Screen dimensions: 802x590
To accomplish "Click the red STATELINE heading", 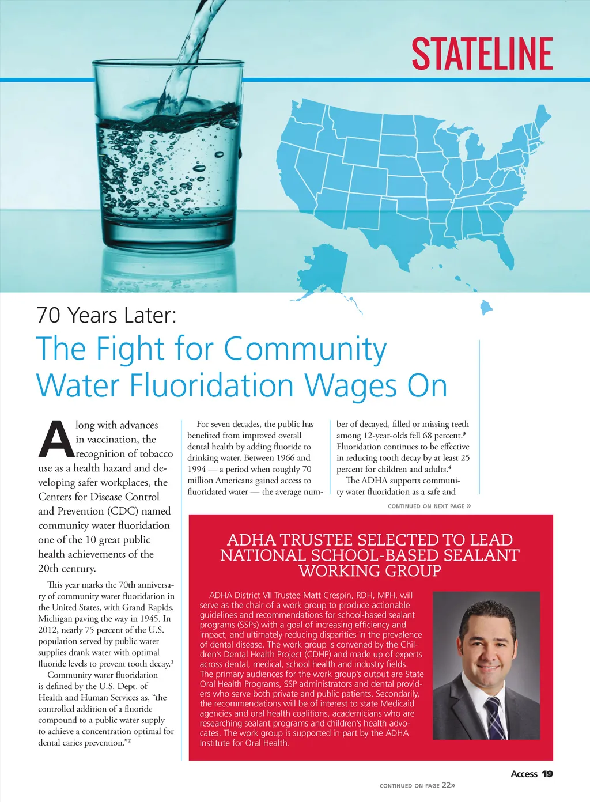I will pyautogui.click(x=482, y=54).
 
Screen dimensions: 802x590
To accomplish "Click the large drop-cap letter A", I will pyautogui.click(x=56, y=440).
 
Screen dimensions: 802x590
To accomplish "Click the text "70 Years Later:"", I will pyautogui.click(x=107, y=315).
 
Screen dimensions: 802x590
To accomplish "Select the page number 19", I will pyautogui.click(x=547, y=774).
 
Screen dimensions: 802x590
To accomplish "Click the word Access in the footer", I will pyautogui.click(x=524, y=774).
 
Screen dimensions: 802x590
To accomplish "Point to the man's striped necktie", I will pyautogui.click(x=494, y=717).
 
